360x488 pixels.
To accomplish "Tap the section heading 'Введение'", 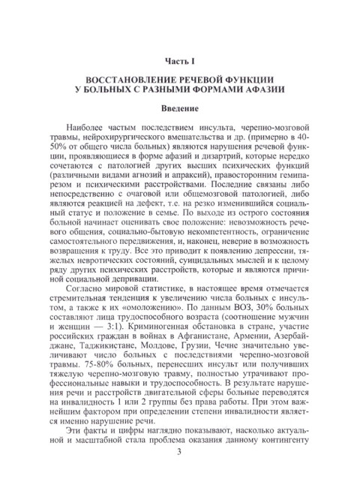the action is coord(180,111).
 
